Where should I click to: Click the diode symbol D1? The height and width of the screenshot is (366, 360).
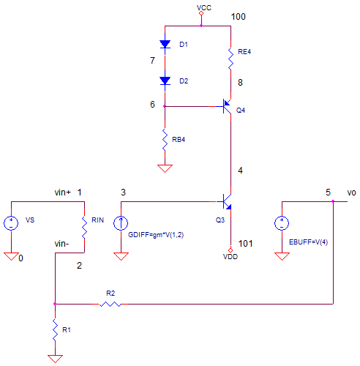tap(165, 44)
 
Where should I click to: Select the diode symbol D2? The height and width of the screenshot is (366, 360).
tap(165, 81)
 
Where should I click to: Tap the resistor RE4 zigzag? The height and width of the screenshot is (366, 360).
tap(230, 59)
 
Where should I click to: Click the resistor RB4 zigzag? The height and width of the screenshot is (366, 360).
tap(165, 140)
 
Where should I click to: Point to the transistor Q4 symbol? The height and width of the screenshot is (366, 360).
tap(228, 106)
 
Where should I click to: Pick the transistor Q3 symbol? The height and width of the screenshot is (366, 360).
tap(228, 201)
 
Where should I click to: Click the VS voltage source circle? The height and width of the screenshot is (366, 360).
tap(11, 223)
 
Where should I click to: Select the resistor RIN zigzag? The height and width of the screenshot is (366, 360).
tap(84, 228)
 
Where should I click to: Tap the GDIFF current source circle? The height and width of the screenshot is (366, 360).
tap(121, 223)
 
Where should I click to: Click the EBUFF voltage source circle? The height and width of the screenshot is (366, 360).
tap(282, 223)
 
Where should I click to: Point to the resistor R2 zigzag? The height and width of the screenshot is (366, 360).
tap(110, 304)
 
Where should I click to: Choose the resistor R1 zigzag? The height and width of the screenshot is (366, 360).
tap(55, 330)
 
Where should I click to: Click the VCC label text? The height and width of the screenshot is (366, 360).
tap(204, 7)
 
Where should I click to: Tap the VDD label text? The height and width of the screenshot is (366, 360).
tap(230, 257)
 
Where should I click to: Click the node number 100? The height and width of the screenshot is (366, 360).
tap(238, 17)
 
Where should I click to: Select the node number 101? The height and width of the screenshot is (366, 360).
tap(245, 244)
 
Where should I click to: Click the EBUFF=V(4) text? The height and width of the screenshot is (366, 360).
tap(308, 242)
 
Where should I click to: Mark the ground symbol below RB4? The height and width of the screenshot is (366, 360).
tap(165, 168)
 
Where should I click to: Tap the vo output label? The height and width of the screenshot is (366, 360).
tap(351, 193)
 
